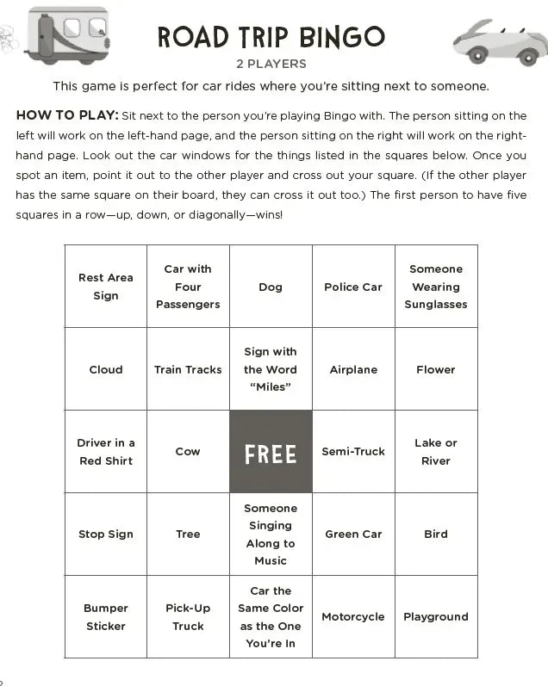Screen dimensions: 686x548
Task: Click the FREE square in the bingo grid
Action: [x=271, y=452]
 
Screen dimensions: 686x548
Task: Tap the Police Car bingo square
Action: [x=353, y=287]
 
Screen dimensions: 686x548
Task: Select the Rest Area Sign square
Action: [x=106, y=287]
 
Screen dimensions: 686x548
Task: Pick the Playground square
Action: [x=436, y=617]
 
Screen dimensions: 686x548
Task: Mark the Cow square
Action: [x=188, y=452]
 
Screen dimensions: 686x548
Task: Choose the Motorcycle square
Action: [x=353, y=617]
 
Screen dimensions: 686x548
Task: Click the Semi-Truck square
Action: [x=353, y=452]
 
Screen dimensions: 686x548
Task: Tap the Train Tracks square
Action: [x=188, y=369]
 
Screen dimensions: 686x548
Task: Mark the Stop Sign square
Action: [x=106, y=535]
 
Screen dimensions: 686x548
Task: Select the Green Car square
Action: [x=353, y=535]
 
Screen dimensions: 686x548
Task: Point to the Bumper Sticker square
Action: [x=106, y=617]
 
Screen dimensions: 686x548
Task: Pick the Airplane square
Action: [x=353, y=369]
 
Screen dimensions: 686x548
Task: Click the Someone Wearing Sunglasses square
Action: [x=436, y=287]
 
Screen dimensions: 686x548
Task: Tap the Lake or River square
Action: [x=436, y=452]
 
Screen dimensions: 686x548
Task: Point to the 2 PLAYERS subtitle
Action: [x=271, y=64]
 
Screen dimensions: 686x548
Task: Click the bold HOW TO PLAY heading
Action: [x=66, y=115]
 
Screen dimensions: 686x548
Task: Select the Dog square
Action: [x=271, y=287]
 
